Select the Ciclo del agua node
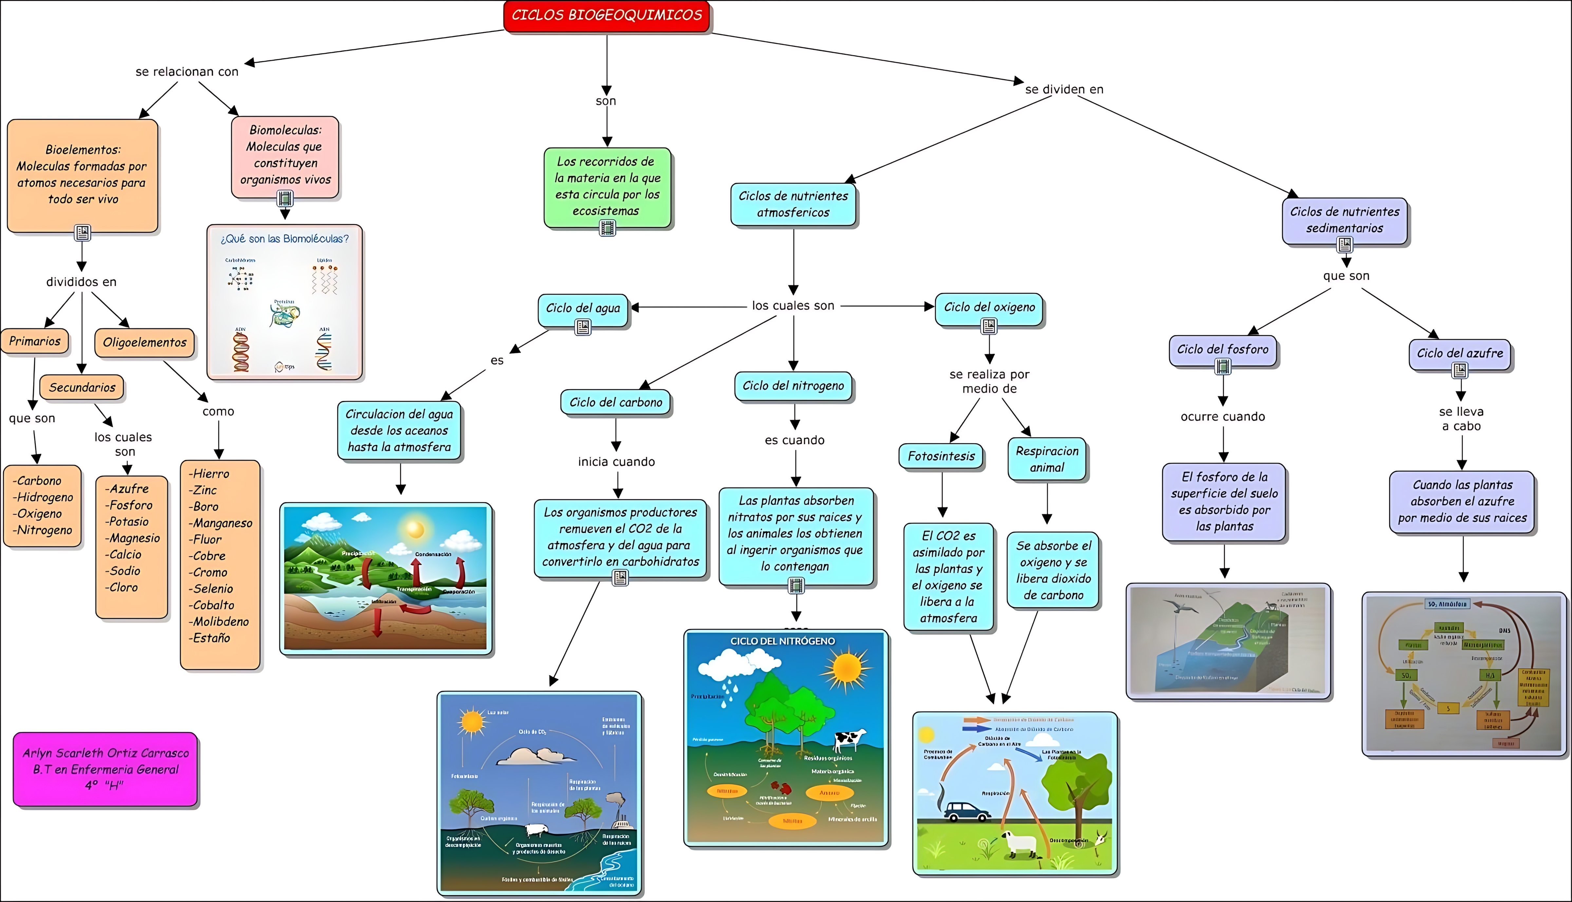tap(582, 308)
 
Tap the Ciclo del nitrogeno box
tap(793, 386)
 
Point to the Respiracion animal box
tap(1047, 459)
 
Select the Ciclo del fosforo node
tap(1223, 349)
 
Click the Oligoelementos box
tap(144, 342)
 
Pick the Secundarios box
tap(82, 388)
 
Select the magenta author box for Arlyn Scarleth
tap(105, 769)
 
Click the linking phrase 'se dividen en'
tap(1064, 89)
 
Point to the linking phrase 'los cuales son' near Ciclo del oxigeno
tap(793, 305)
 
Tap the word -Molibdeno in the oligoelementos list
tap(219, 621)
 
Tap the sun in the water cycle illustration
tap(415, 530)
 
